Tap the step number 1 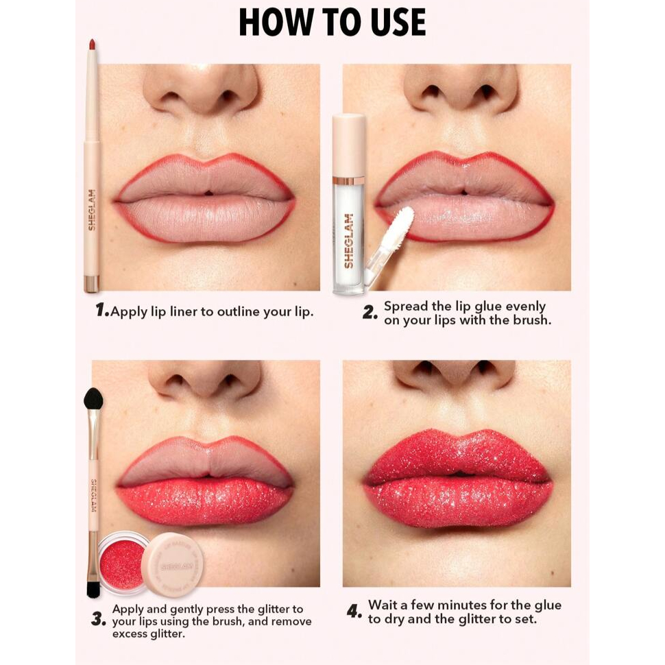coord(101,310)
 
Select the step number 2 coord(370,313)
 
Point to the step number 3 coord(99,620)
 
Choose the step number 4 coord(354,612)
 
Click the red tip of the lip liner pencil coord(92,44)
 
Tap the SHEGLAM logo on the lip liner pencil coord(92,210)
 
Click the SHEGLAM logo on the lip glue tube coord(349,241)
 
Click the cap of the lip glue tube coord(349,146)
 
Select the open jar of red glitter coord(122,564)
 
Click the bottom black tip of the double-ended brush coord(93,588)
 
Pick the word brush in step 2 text coord(532,319)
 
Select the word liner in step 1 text coord(184,312)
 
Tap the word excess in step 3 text coord(129,634)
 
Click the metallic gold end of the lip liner coord(91,284)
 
